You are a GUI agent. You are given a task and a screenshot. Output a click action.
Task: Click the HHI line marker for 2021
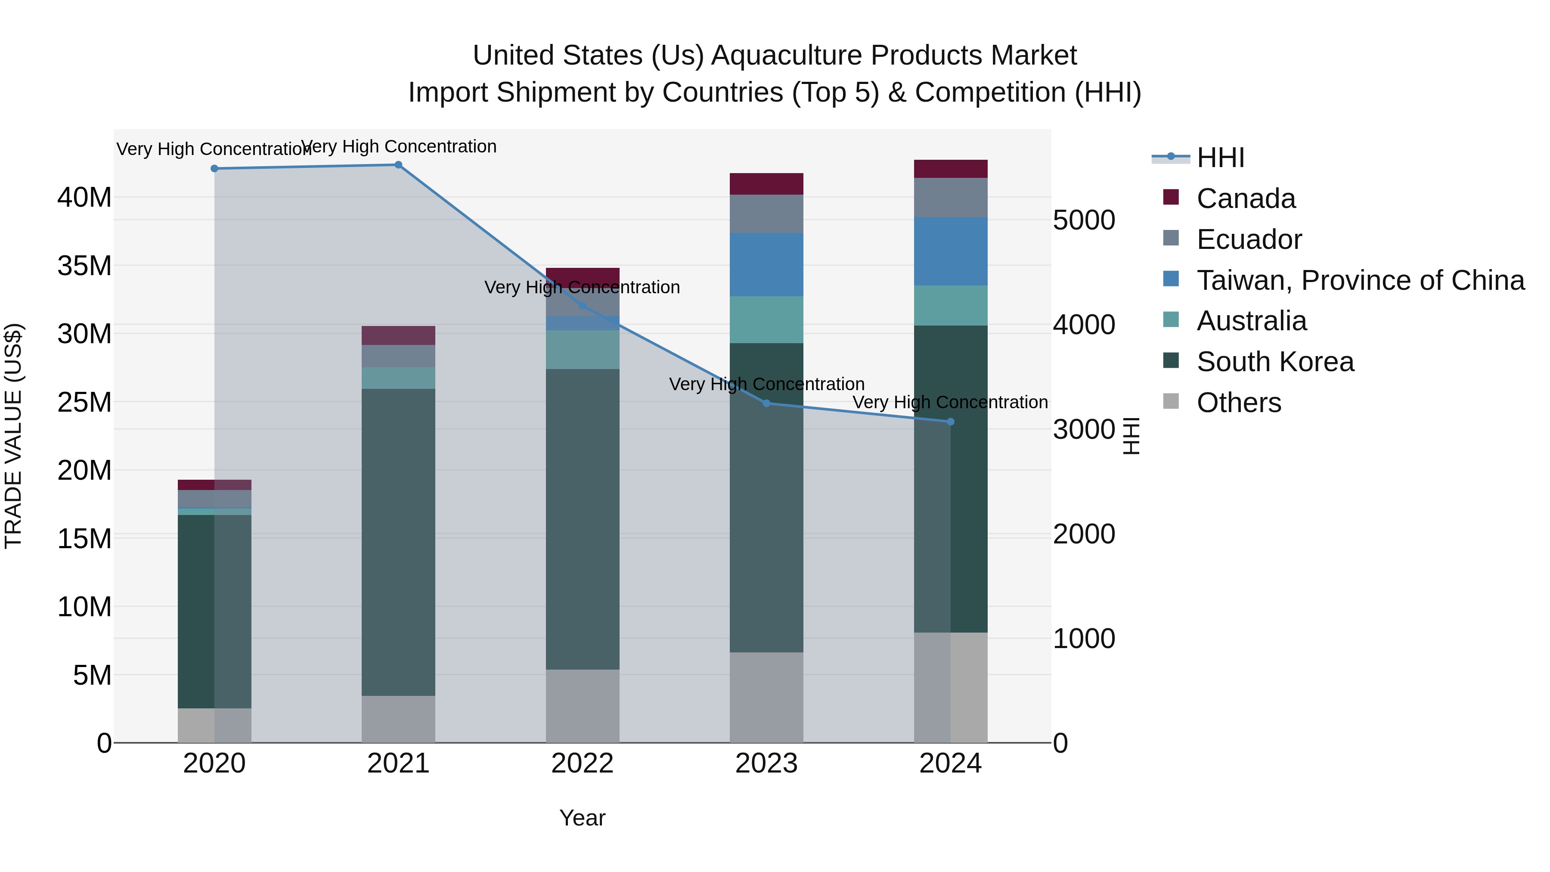(398, 165)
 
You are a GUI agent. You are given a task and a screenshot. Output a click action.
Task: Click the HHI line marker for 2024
(951, 422)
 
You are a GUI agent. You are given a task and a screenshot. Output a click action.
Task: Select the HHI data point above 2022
(582, 306)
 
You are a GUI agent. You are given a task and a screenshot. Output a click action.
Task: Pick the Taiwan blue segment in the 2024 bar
(951, 251)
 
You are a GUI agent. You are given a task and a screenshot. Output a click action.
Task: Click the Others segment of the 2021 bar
(398, 719)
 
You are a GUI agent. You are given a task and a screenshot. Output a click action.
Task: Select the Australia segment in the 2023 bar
(766, 320)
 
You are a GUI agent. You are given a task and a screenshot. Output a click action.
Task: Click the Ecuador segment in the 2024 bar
(951, 197)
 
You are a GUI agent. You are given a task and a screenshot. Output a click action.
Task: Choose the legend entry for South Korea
(1274, 362)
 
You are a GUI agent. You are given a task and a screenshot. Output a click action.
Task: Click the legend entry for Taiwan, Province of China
(1360, 280)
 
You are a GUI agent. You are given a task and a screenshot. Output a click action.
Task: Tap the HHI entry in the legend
(1220, 158)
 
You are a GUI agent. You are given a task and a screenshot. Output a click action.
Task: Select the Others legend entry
(1238, 403)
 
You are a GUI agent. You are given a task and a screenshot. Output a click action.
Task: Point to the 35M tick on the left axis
(84, 265)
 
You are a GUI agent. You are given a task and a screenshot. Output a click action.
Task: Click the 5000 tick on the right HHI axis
(1084, 220)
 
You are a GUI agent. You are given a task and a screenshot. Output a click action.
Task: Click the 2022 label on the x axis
(582, 763)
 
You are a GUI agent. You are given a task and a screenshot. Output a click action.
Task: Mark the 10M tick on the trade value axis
(84, 607)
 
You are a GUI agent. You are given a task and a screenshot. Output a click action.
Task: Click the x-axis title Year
(582, 818)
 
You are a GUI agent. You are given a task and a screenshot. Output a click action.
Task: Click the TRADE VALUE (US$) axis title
(13, 436)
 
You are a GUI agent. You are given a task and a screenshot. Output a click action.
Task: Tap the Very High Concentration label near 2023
(766, 384)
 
